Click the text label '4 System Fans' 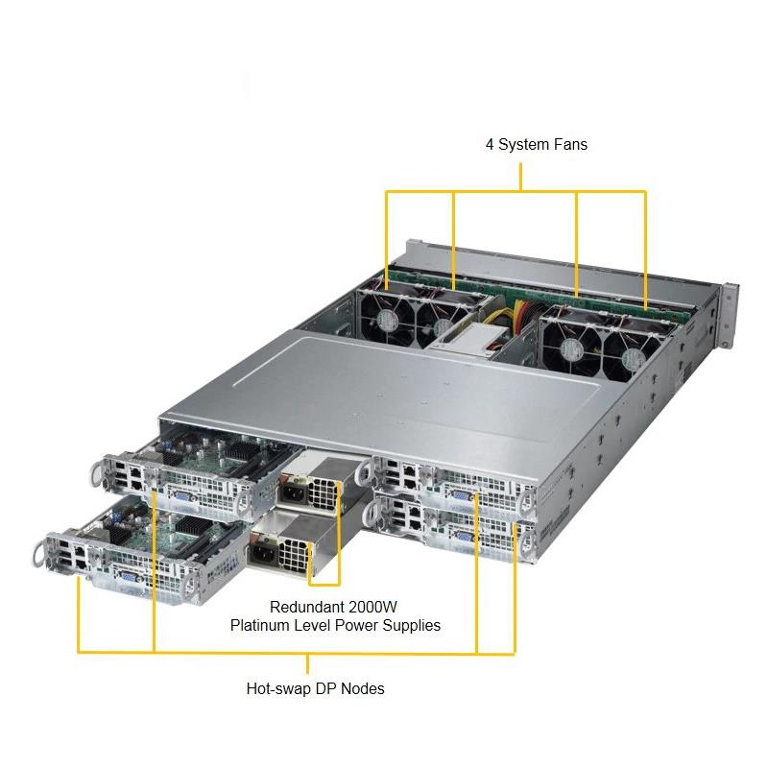tap(536, 145)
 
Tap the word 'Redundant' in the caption tap(306, 607)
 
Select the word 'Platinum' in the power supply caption tap(259, 625)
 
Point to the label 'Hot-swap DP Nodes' tap(316, 688)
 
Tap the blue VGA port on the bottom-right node tap(462, 538)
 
